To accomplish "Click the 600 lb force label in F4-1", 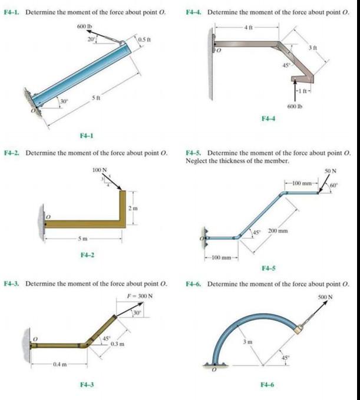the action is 85,27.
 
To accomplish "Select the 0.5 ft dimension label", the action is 145,39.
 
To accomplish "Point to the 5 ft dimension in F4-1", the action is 96,98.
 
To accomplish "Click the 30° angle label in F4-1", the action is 64,101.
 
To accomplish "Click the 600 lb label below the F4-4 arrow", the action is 295,107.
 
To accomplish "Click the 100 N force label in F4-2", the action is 100,170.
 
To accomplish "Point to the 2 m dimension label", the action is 133,209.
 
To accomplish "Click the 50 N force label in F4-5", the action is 331,171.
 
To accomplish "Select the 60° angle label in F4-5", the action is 334,185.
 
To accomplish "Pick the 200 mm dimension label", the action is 278,231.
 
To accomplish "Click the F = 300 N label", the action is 140,296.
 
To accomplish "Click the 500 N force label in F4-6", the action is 325,297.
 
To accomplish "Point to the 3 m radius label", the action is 247,342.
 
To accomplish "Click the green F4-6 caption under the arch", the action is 267,385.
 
